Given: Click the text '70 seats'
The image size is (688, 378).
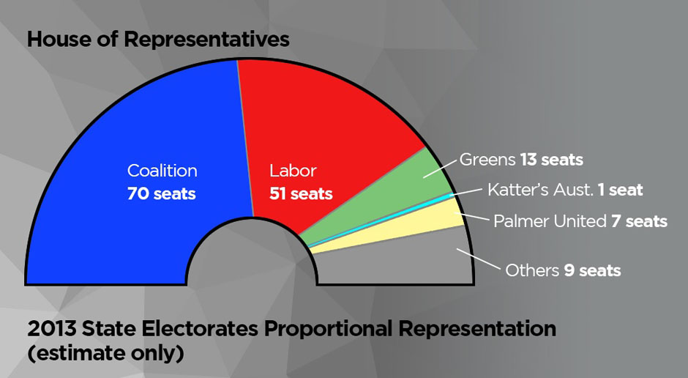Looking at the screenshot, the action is coord(162,193).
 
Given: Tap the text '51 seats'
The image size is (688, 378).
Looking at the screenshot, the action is coord(301,193).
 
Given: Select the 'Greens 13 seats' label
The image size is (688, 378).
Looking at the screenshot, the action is coord(521,160).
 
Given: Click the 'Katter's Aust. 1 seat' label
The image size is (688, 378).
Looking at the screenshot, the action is coord(565,190).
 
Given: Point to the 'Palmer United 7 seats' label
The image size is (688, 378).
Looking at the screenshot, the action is coord(580,221).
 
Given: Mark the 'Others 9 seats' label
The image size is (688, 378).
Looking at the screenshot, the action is coord(563,270).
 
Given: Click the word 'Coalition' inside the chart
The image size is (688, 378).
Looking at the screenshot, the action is coord(162,171).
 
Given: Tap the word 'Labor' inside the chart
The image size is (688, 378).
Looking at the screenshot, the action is coord(293,171).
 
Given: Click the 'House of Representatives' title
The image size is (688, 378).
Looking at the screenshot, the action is coord(158,39).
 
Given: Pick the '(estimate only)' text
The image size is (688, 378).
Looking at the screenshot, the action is coord(105,353).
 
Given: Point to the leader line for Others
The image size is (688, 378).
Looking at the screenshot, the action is coord(478,259).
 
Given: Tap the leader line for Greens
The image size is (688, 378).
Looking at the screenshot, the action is coord(440,168).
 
